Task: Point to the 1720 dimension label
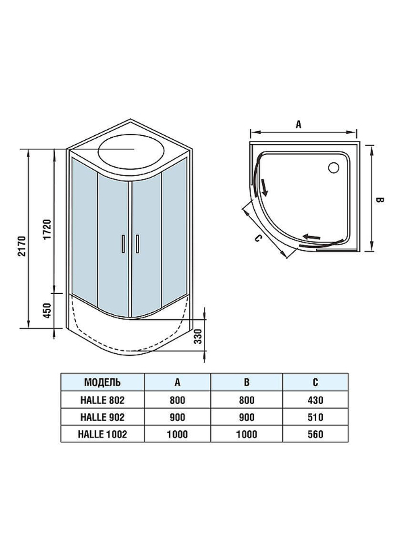(47, 229)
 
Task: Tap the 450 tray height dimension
(47, 310)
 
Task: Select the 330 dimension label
(198, 336)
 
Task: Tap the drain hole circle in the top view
(334, 168)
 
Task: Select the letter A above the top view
(298, 124)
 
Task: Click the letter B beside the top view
(379, 200)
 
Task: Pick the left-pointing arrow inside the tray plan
(312, 237)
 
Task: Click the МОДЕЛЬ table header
(102, 382)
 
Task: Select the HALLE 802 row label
(102, 400)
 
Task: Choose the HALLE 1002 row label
(102, 434)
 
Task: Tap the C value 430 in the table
(315, 400)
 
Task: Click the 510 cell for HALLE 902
(315, 417)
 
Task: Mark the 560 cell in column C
(315, 434)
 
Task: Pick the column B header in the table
(247, 382)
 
